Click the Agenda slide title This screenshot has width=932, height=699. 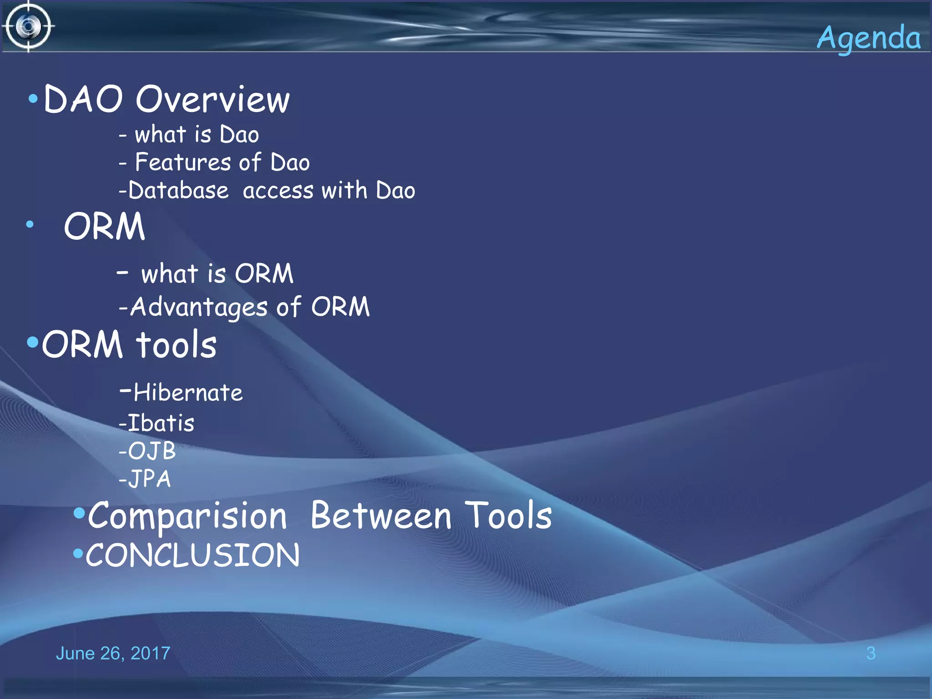click(x=868, y=38)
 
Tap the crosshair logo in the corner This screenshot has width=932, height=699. click(x=28, y=26)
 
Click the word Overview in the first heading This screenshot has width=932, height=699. click(x=213, y=99)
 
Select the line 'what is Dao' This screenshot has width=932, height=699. click(x=196, y=135)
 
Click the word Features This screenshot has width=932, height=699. click(x=183, y=162)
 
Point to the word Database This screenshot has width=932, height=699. click(x=178, y=190)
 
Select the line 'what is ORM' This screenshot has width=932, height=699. click(x=217, y=274)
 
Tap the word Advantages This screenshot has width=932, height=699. click(x=199, y=307)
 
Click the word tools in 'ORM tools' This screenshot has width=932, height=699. click(x=176, y=344)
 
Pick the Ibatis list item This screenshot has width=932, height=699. click(x=161, y=423)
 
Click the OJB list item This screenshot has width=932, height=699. click(x=151, y=451)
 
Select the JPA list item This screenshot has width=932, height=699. click(x=149, y=479)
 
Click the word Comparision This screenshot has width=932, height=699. click(x=187, y=516)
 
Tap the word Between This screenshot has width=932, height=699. click(x=381, y=516)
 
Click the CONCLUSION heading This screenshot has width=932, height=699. click(x=192, y=555)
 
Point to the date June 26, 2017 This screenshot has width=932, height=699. click(x=113, y=653)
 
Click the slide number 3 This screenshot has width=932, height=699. click(x=871, y=653)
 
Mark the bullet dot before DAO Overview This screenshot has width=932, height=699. click(x=33, y=98)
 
